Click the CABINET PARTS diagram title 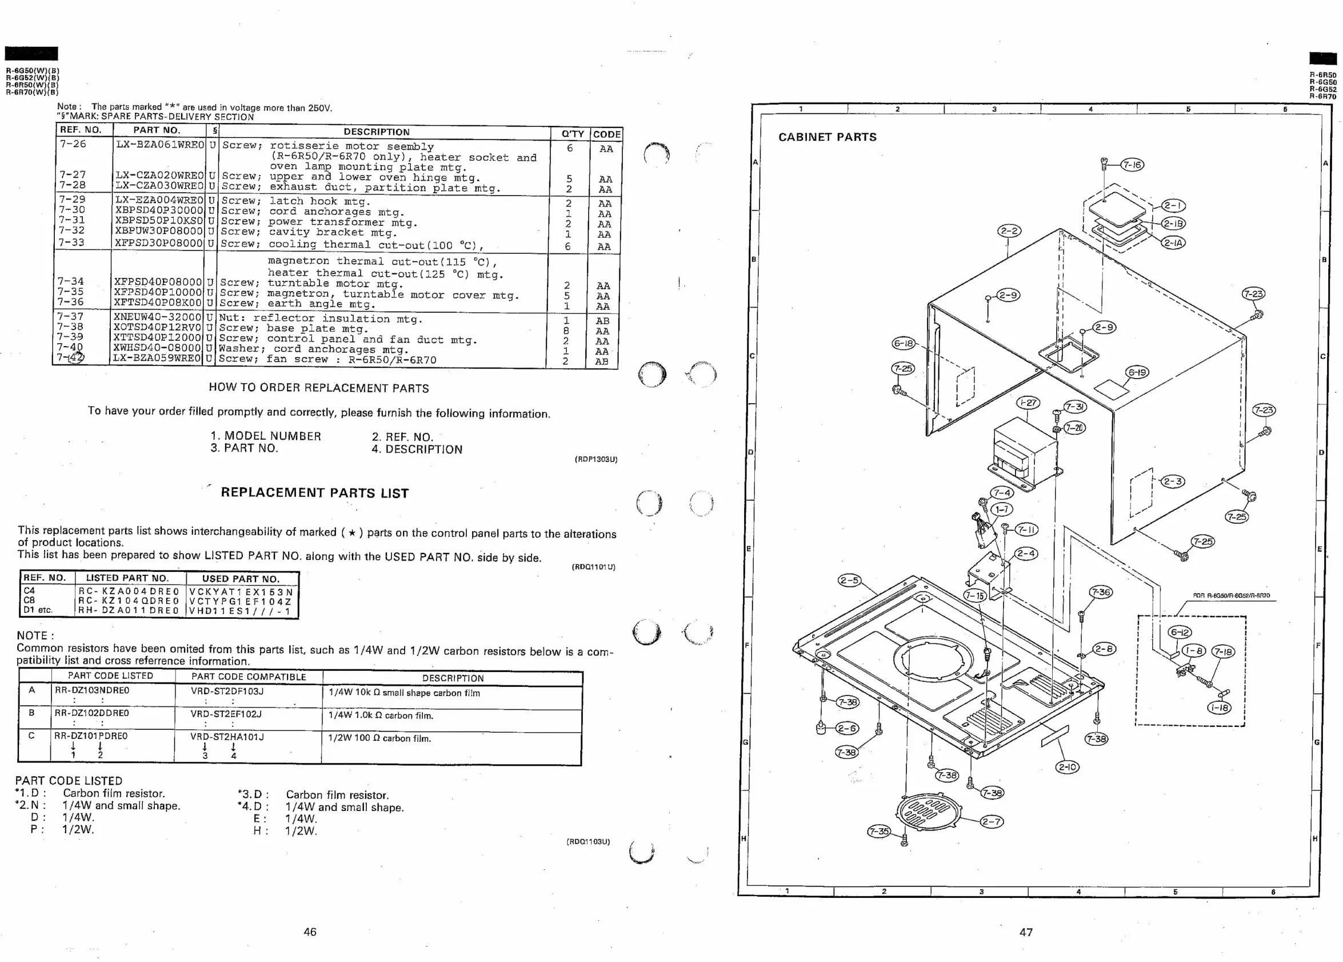[x=827, y=137]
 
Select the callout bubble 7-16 [x=1133, y=165]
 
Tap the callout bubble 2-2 [x=1009, y=230]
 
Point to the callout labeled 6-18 [x=904, y=344]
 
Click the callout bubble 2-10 [x=1067, y=767]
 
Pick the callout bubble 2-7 [x=992, y=822]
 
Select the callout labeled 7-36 [x=1101, y=593]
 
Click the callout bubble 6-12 [x=1180, y=633]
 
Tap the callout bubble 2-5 [x=849, y=581]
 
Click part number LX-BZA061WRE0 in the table [x=159, y=145]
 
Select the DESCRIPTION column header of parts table [x=377, y=132]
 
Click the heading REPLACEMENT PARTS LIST [x=314, y=493]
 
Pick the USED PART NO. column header [x=240, y=579]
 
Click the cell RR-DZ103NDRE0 [x=92, y=691]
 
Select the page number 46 [x=310, y=932]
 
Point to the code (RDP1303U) [x=595, y=459]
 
